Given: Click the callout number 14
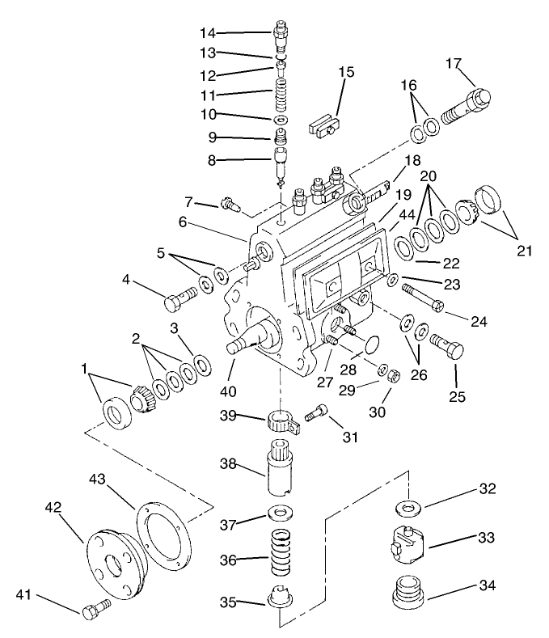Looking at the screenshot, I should click(x=209, y=33).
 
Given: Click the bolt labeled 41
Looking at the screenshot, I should click(x=93, y=608).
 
